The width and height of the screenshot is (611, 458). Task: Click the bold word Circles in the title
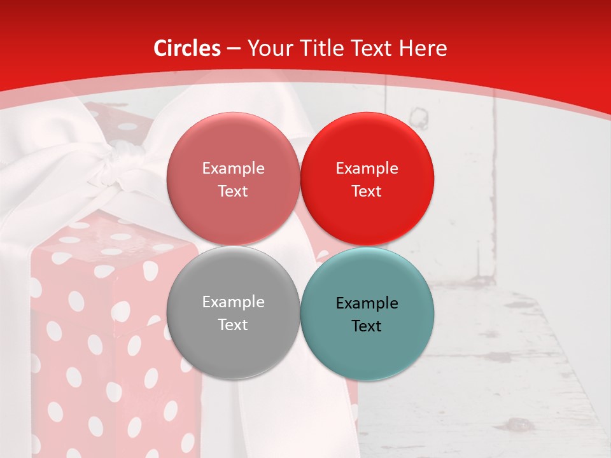[x=187, y=48]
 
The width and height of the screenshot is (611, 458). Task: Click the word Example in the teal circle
[x=367, y=303]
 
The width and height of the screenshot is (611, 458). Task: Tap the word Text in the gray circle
[x=233, y=324]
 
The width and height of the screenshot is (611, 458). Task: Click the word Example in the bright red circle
[x=367, y=169]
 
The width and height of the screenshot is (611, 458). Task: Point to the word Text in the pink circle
[x=233, y=191]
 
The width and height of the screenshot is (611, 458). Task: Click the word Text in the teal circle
[x=367, y=326]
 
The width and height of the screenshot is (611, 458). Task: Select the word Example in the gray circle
[x=233, y=302]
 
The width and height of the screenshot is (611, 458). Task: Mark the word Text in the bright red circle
[x=367, y=191]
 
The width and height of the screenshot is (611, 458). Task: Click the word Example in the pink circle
[x=233, y=169]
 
